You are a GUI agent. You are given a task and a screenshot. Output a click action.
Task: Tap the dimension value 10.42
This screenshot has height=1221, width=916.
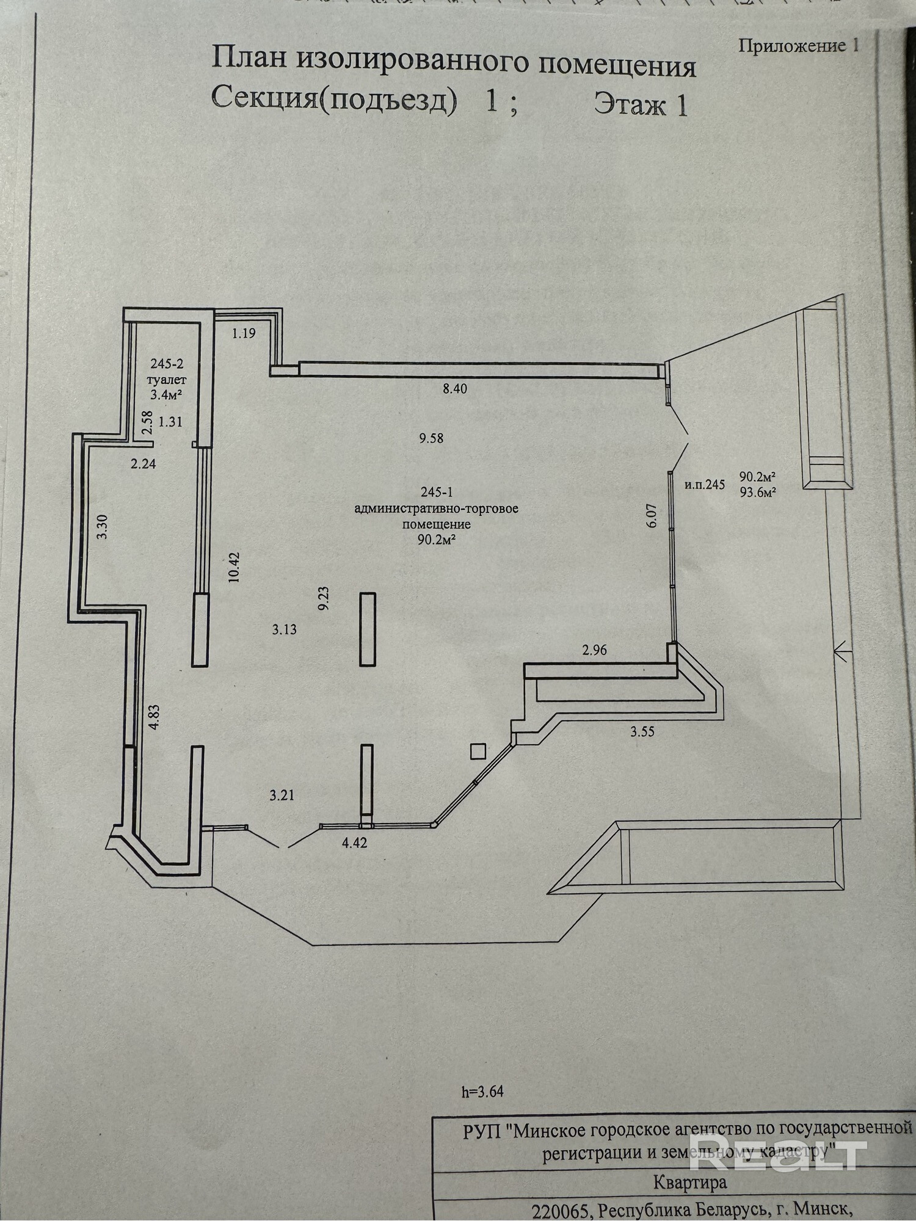click(234, 568)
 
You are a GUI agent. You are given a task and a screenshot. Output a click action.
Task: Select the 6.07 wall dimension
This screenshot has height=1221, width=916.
click(652, 515)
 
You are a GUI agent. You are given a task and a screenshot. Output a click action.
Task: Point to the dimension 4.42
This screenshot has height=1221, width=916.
click(355, 843)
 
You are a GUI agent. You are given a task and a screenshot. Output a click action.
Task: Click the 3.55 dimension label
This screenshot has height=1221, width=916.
click(642, 731)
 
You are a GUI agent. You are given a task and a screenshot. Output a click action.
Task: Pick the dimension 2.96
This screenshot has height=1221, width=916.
click(594, 650)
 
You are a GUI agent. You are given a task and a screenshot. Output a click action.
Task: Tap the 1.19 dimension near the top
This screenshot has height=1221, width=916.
click(243, 333)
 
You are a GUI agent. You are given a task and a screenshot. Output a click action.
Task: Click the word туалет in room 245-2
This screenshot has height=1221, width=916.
click(167, 379)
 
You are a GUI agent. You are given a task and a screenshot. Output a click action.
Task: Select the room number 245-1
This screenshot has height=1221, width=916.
click(437, 492)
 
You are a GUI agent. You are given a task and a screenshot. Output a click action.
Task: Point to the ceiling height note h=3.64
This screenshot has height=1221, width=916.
click(483, 1091)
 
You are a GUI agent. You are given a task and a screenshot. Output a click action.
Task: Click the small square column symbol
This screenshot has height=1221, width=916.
click(478, 750)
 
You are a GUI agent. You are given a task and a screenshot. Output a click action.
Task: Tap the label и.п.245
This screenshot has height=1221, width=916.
click(705, 485)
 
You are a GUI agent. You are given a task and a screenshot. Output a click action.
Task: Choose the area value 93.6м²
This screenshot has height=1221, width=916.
click(757, 493)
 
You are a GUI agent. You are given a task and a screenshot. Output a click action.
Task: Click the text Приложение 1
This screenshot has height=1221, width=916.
click(799, 46)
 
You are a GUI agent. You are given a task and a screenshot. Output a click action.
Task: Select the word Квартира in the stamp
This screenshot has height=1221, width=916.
click(690, 1183)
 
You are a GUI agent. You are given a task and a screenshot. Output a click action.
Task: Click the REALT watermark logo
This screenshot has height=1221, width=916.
click(779, 1151)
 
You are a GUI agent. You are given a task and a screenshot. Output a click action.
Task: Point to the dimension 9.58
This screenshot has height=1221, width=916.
click(431, 438)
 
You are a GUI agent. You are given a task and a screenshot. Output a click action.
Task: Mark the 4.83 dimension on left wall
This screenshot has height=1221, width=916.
click(154, 717)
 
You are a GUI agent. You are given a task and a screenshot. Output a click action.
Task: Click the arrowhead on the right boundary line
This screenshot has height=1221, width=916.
click(841, 653)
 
